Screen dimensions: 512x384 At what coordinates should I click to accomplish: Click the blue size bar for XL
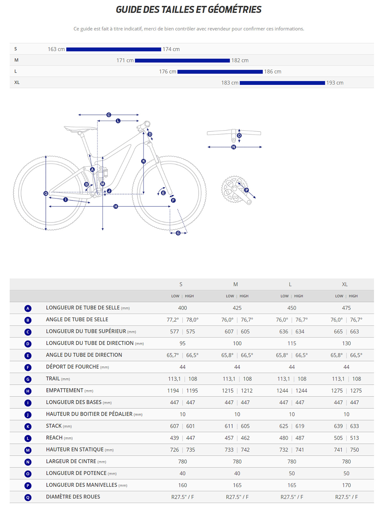point(282,83)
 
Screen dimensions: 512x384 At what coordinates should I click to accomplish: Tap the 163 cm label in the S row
point(56,49)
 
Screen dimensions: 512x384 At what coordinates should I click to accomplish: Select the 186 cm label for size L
point(273,72)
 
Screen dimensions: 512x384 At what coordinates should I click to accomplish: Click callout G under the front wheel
point(178,233)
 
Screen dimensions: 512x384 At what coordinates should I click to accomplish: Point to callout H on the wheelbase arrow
point(116,206)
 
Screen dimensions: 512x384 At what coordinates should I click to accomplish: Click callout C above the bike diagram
point(109,115)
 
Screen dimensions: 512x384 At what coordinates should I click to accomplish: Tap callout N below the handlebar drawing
point(234,147)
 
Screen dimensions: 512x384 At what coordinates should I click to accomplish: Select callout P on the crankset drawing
point(246,190)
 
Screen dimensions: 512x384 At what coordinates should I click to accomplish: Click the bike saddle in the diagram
point(80,129)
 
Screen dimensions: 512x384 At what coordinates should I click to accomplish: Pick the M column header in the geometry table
point(236,284)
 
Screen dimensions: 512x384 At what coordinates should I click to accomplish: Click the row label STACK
point(54,426)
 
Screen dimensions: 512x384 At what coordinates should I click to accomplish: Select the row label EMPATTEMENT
point(65,390)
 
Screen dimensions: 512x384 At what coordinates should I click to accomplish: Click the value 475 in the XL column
point(346,308)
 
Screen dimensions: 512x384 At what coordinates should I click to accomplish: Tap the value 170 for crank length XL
point(346,485)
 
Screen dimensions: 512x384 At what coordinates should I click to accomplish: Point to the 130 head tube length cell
point(346,343)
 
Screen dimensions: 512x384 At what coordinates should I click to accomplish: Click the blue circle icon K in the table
point(28,427)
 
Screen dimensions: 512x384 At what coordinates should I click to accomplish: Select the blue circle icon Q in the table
point(28,498)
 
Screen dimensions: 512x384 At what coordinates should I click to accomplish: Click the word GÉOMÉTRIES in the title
point(235,10)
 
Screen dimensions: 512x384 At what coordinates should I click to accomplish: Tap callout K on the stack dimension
point(144,161)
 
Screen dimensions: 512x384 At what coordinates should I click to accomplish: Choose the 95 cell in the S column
point(182,343)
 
